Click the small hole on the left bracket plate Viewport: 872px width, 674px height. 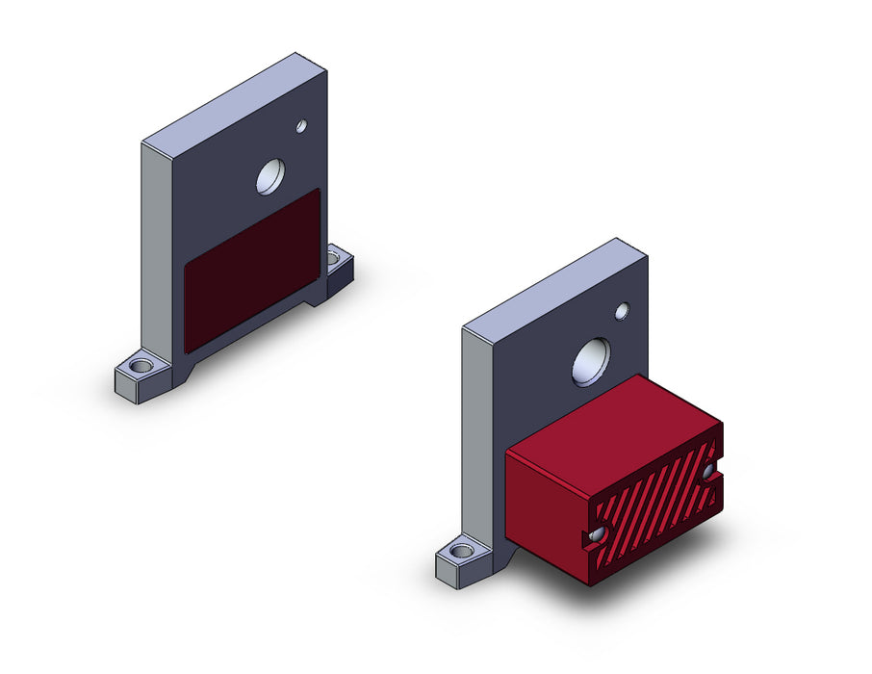[301, 126]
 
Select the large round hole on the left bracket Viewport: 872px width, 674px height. [270, 176]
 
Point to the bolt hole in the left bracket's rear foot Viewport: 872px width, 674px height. [334, 257]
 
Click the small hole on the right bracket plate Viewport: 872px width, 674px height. [622, 311]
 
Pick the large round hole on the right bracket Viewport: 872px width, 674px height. [591, 362]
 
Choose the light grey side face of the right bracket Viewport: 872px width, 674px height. [477, 433]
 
